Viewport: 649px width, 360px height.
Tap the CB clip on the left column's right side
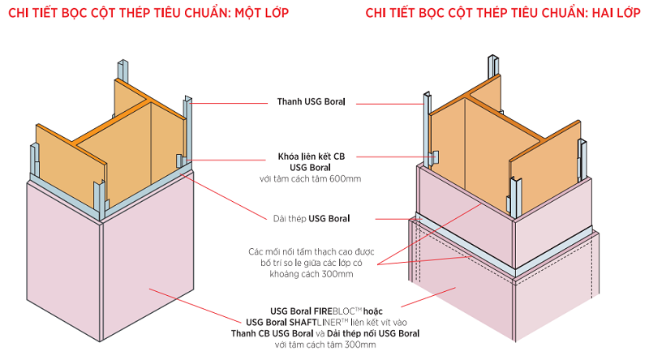179,159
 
